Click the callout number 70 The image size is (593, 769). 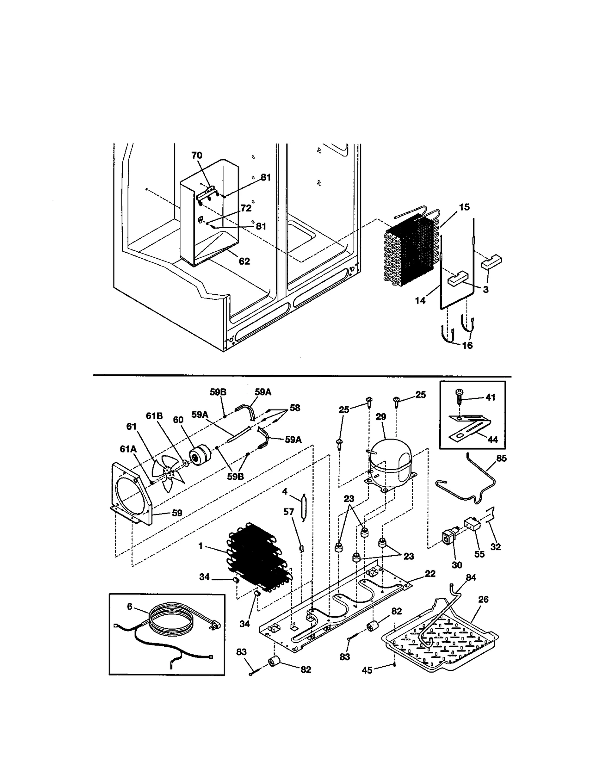(197, 155)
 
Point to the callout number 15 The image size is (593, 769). (464, 207)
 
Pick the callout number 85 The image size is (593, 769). (501, 458)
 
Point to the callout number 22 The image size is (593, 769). (430, 574)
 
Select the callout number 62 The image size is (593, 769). (244, 261)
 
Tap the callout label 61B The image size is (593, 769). (154, 416)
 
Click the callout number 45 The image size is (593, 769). (367, 670)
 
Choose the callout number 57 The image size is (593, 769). (289, 512)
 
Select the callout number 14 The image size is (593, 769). (420, 301)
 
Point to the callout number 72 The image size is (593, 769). (246, 208)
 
